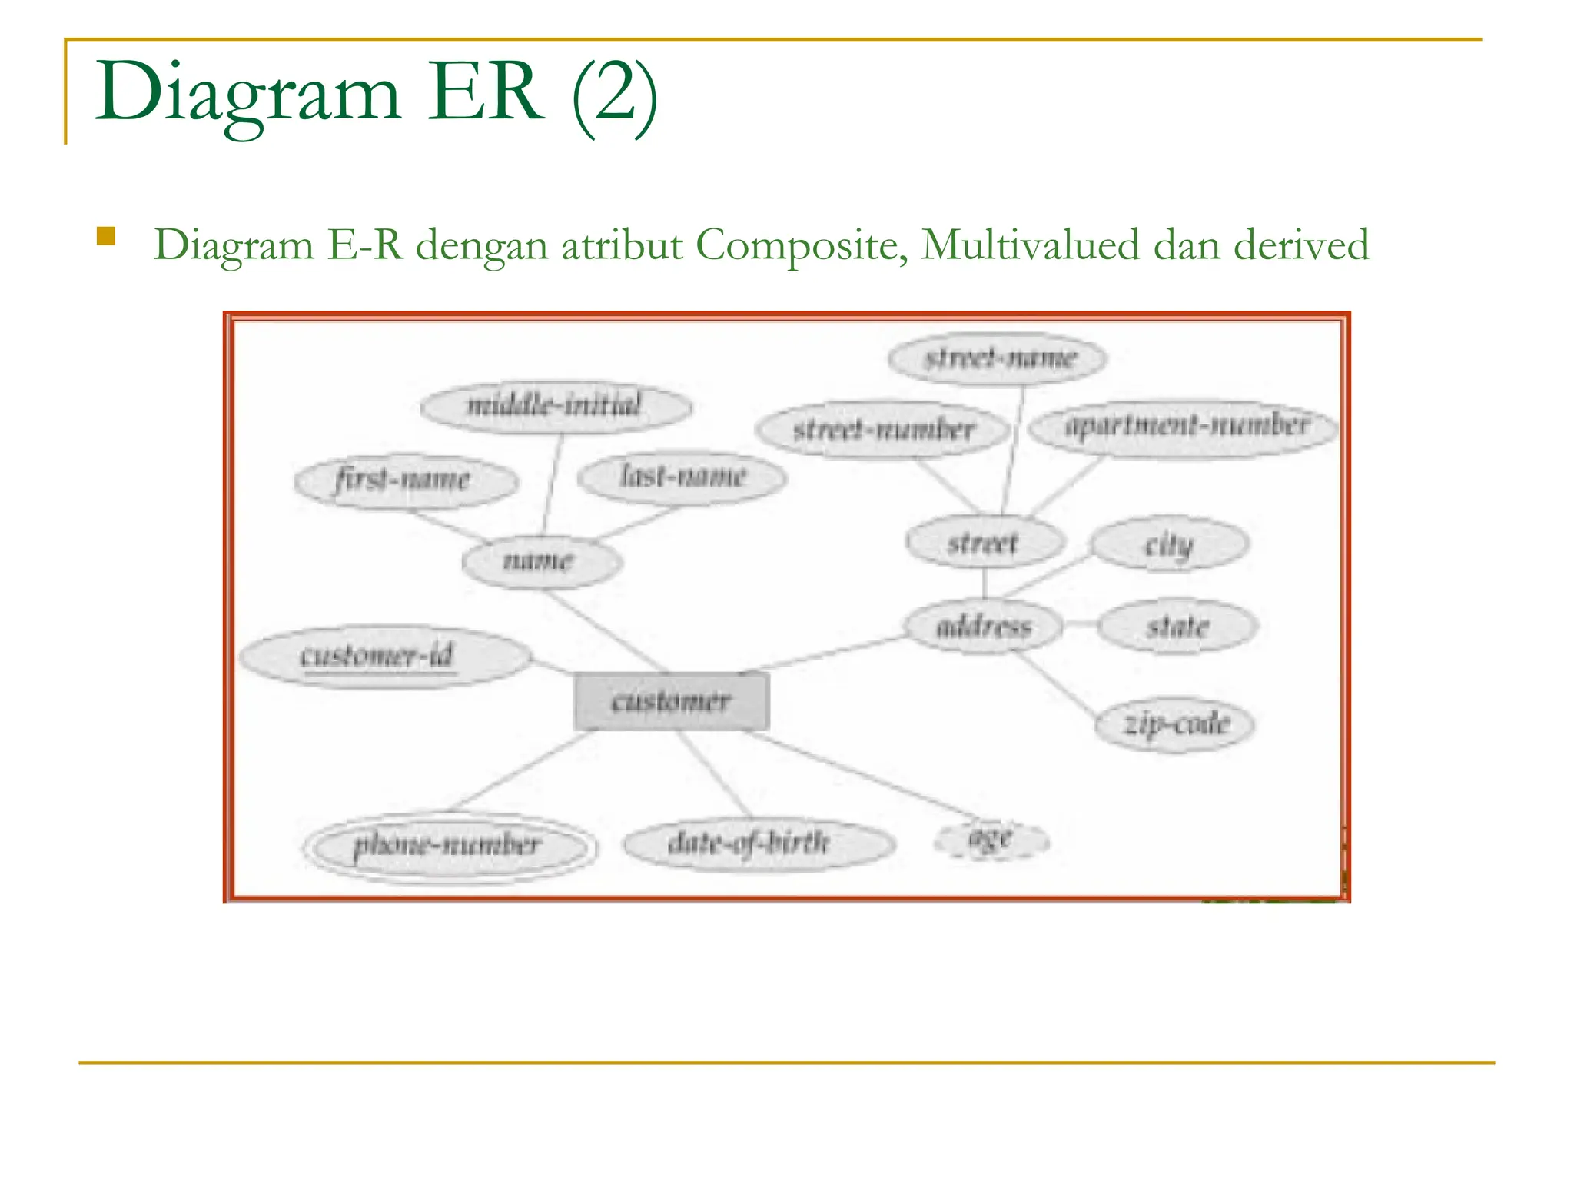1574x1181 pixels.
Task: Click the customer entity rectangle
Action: [x=671, y=700]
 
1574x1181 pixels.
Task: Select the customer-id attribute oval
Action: [x=384, y=657]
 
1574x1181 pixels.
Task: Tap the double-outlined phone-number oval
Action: [x=450, y=846]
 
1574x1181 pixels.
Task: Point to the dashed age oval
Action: [x=991, y=839]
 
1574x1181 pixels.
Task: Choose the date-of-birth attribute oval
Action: [x=757, y=843]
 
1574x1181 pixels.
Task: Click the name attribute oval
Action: [x=541, y=561]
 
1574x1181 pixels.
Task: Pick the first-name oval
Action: [x=405, y=481]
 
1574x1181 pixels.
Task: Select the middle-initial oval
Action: [x=555, y=405]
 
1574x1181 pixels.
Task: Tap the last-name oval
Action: [x=682, y=477]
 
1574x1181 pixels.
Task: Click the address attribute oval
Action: [x=984, y=627]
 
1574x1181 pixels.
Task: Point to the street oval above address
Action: [x=985, y=543]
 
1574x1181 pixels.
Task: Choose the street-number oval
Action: [x=882, y=429]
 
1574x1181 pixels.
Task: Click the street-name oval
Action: [x=998, y=358]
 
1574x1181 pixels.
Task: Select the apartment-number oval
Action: [x=1184, y=427]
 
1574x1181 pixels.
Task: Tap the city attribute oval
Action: [x=1170, y=544]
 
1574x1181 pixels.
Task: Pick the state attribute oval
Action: [x=1177, y=627]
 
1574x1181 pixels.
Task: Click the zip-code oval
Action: [x=1174, y=724]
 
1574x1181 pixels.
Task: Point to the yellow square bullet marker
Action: [x=106, y=236]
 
